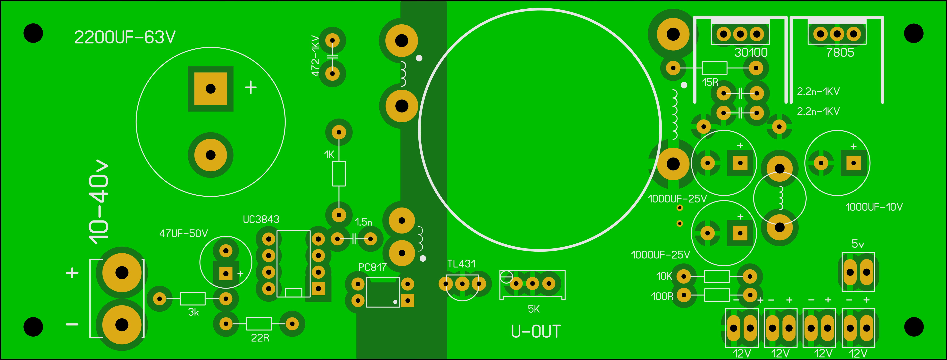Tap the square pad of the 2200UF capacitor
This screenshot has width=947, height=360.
211,89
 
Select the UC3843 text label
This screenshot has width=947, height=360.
261,219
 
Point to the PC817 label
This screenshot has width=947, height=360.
372,267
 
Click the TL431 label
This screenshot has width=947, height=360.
461,264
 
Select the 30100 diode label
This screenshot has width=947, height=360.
751,53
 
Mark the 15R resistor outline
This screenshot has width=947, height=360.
714,68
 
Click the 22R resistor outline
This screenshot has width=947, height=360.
259,324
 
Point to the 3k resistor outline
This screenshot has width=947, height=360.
192,299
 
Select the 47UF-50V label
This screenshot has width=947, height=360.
183,233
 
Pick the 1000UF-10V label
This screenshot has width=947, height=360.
874,207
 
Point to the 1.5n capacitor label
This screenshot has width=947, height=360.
364,222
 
